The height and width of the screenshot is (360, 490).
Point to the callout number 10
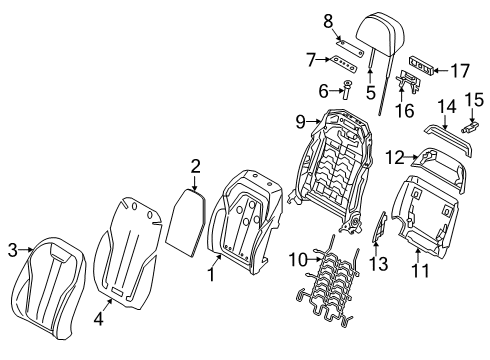(x=295, y=258)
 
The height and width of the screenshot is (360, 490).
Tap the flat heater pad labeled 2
(x=185, y=225)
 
